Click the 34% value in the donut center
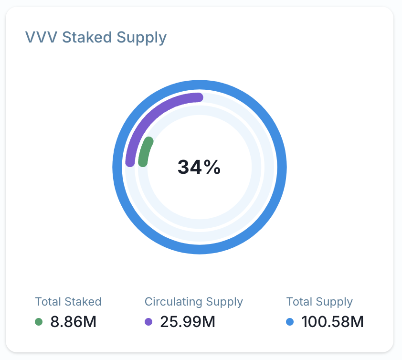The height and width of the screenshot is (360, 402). point(199,167)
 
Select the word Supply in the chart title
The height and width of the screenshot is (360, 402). point(144,37)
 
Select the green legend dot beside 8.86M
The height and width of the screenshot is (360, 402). point(39,322)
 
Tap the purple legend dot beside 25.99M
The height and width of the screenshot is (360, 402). point(148,322)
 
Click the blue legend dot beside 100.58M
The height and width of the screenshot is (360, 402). point(290,322)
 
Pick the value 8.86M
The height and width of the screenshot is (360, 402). point(74,322)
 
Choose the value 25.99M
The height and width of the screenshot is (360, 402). point(188,322)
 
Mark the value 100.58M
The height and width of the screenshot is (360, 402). point(332,322)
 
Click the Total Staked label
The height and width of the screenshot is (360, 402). point(68,302)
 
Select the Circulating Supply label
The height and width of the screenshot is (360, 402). point(193,302)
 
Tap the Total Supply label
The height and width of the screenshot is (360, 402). point(319,302)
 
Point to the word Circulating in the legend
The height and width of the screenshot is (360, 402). point(174,302)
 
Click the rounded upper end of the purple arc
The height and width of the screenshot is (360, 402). point(199,97)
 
